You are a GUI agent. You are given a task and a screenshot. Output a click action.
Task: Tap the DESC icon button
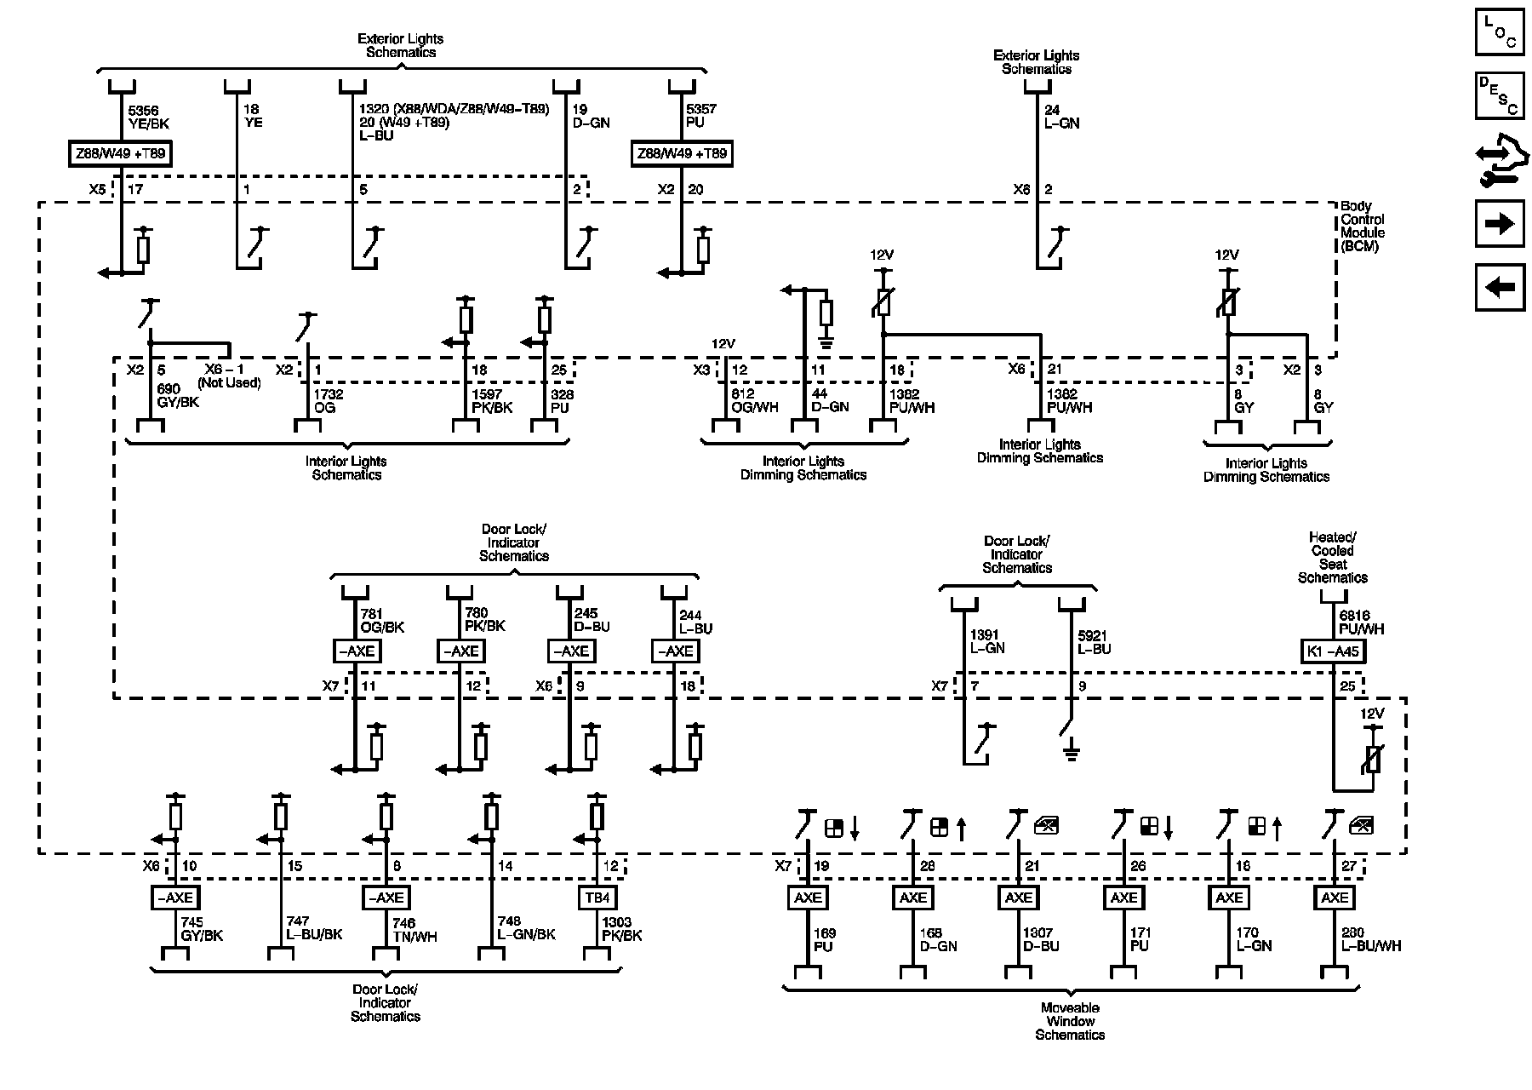click(x=1499, y=95)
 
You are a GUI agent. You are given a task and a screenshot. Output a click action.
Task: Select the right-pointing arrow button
click(x=1499, y=224)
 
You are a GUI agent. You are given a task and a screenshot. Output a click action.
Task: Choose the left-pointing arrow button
click(x=1499, y=287)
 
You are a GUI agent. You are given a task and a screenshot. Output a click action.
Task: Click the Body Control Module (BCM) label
click(x=1362, y=227)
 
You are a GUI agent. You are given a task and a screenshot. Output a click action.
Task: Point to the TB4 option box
click(x=597, y=898)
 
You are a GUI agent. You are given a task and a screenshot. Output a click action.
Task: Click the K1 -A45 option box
click(x=1333, y=652)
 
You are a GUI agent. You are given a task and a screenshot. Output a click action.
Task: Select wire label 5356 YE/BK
click(x=148, y=117)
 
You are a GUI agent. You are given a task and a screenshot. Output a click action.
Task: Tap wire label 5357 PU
click(x=701, y=116)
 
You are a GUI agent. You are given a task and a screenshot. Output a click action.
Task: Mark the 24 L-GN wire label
click(x=1061, y=117)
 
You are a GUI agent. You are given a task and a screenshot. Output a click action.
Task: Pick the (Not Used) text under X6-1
click(x=229, y=383)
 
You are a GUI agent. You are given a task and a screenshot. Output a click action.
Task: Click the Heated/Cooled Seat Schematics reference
click(x=1332, y=558)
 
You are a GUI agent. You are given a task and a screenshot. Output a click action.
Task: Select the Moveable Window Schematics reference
click(x=1070, y=1021)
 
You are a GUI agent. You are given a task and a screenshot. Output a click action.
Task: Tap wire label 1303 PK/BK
click(x=622, y=929)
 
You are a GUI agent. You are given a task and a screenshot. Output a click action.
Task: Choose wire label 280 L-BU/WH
click(x=1370, y=939)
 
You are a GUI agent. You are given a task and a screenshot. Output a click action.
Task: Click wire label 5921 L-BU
click(x=1094, y=642)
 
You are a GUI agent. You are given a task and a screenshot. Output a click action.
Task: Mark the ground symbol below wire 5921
click(x=1072, y=751)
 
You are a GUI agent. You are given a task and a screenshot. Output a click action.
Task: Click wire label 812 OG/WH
click(x=755, y=401)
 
